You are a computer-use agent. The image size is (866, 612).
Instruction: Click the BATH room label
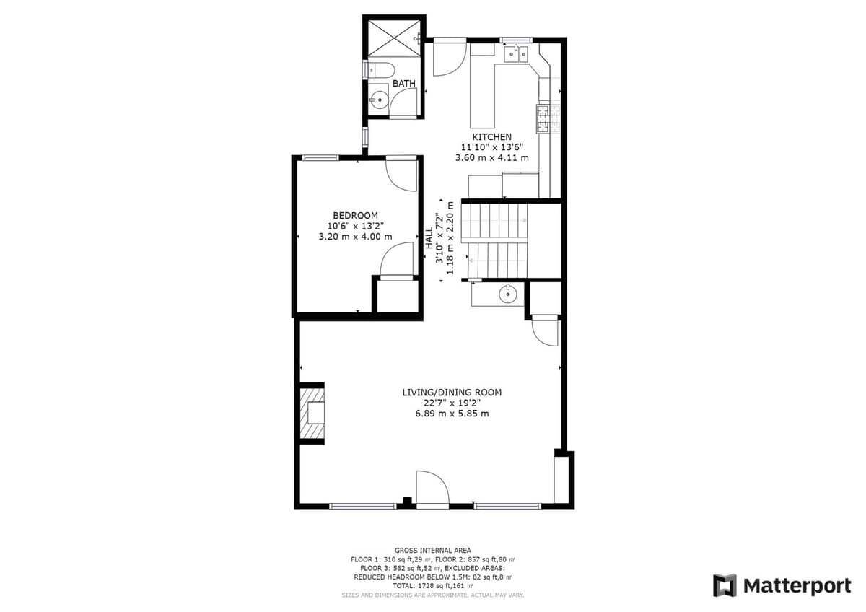pyautogui.click(x=404, y=83)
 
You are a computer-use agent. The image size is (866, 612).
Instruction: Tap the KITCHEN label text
pyautogui.click(x=491, y=137)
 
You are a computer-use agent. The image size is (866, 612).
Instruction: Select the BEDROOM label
pyautogui.click(x=355, y=215)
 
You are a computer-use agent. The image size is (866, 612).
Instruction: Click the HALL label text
pyautogui.click(x=429, y=237)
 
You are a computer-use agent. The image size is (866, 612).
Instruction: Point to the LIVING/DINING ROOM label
pyautogui.click(x=452, y=393)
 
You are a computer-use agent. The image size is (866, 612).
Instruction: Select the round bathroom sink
pyautogui.click(x=380, y=100)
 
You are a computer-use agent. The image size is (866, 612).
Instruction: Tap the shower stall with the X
pyautogui.click(x=393, y=39)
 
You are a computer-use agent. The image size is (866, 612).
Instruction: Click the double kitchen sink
pyautogui.click(x=516, y=54)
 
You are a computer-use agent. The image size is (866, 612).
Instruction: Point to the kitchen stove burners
pyautogui.click(x=543, y=118)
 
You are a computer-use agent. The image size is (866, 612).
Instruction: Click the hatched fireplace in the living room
pyautogui.click(x=312, y=414)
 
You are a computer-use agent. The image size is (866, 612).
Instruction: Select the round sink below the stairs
pyautogui.click(x=507, y=294)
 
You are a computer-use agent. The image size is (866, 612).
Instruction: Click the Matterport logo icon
pyautogui.click(x=725, y=586)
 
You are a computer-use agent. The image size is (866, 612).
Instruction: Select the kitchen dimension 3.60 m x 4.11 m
pyautogui.click(x=491, y=158)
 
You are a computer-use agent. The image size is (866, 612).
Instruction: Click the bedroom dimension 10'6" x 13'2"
pyautogui.click(x=355, y=226)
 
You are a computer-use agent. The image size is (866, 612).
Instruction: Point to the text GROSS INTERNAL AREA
pyautogui.click(x=432, y=551)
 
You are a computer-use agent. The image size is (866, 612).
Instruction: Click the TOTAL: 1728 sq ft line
pyautogui.click(x=432, y=586)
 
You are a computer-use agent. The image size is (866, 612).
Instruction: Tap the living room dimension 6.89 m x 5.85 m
pyautogui.click(x=452, y=414)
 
